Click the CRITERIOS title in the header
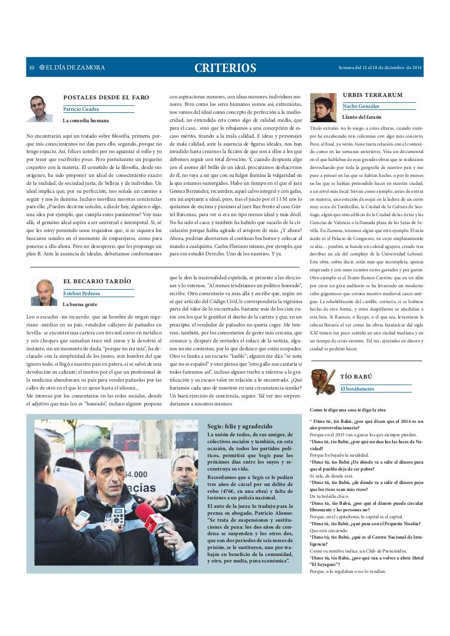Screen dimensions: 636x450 pos(225,68)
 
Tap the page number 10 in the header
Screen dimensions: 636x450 pos(31,68)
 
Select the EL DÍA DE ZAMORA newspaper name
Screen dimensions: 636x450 pos(75,68)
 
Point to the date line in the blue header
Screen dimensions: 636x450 pos(380,68)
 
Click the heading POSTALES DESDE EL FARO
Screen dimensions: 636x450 pos(106,97)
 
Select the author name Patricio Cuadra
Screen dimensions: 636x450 pos(81,109)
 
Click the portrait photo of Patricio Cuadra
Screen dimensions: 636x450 pos(39,108)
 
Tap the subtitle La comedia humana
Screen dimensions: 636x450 pos(86,120)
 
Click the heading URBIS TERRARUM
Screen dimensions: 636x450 pos(372,95)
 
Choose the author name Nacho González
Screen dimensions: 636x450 pos(360,106)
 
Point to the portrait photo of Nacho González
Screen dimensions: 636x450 pos(323,107)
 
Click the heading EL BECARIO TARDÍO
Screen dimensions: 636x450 pos(97,281)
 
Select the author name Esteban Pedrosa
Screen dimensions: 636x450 pos(82,293)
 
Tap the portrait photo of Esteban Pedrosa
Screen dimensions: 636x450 pos(44,292)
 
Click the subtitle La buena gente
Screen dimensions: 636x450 pos(80,304)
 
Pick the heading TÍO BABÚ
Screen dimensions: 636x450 pos(356,377)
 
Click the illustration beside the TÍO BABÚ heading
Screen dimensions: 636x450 pos(323,381)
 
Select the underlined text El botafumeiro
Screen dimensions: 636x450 pos(357,389)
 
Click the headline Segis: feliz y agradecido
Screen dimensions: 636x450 pos(240,426)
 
